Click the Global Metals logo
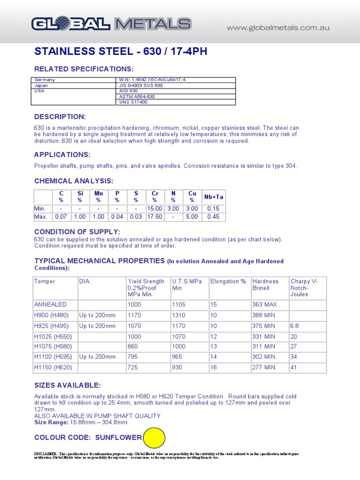tap(111, 24)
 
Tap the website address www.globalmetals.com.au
tap(278, 28)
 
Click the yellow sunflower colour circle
tap(154, 438)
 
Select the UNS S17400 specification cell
tap(134, 102)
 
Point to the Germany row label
tap(45, 80)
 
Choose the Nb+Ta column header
tap(213, 197)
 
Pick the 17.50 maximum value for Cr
tap(154, 217)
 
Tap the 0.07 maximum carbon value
tap(61, 217)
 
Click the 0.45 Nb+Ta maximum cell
tap(213, 217)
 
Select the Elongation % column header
tap(228, 281)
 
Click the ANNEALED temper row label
tap(51, 305)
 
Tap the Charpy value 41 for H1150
tap(294, 367)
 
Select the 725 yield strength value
tap(133, 367)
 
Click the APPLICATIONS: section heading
tap(62, 155)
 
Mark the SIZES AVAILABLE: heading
tap(67, 385)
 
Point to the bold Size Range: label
tap(51, 422)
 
